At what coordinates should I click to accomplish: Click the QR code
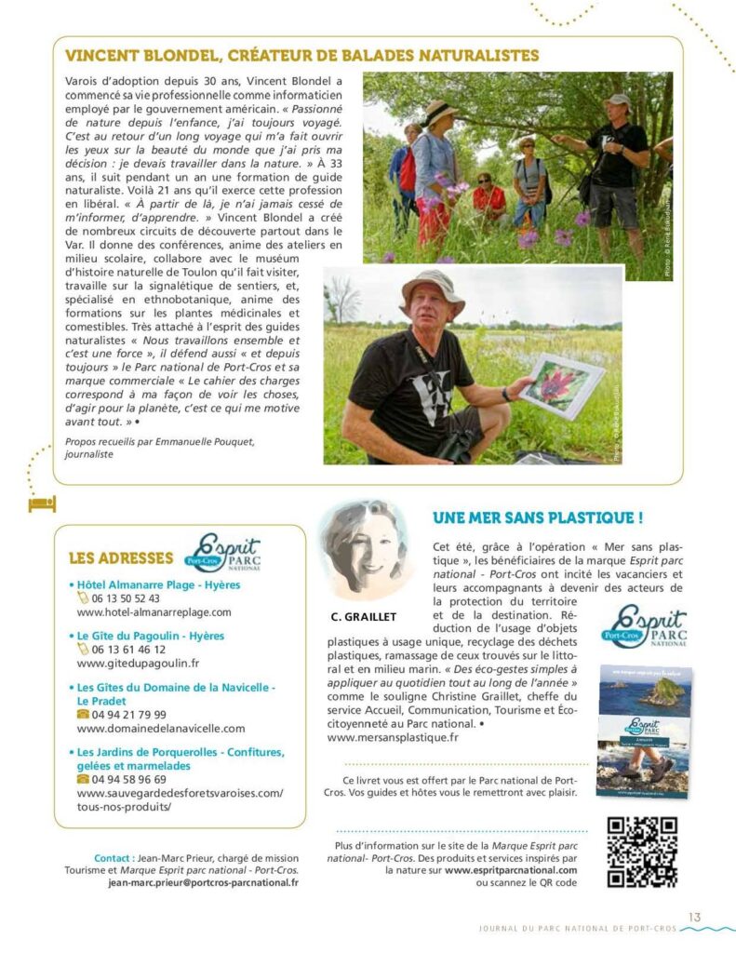coord(641,852)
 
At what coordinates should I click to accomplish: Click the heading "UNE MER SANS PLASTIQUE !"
coord(538,517)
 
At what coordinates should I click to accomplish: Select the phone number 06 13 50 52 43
coord(125,598)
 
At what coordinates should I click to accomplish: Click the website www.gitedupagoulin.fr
coord(139,664)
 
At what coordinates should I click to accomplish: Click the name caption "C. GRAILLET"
coord(363,617)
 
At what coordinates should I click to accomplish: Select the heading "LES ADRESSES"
coord(121,558)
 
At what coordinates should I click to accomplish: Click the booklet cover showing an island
coord(643,732)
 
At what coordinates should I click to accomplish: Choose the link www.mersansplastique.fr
coord(394,737)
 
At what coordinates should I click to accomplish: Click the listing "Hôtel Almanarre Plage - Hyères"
coord(158,584)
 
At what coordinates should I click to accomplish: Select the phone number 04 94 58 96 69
coord(128,779)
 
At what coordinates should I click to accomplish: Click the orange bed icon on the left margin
coord(43,503)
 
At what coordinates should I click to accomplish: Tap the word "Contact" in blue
coord(112,857)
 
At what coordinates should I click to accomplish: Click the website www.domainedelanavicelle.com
coord(161,728)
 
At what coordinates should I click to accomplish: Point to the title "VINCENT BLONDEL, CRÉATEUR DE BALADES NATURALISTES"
coord(302,56)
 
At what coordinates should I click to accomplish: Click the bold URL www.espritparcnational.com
coord(511,870)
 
